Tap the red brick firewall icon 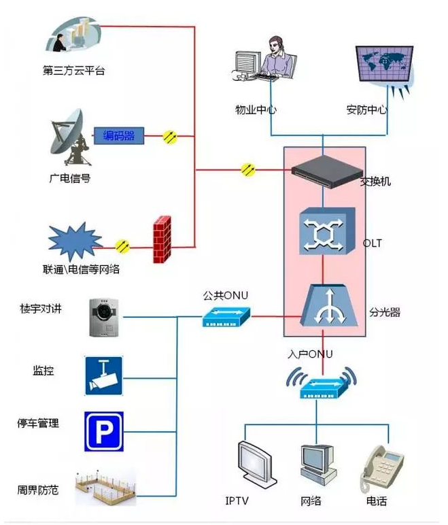(x=162, y=239)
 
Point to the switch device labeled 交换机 (x=324, y=173)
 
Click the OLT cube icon (x=324, y=231)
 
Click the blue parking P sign (x=103, y=430)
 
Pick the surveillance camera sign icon (x=103, y=374)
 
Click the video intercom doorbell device (x=103, y=318)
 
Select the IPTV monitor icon (x=256, y=466)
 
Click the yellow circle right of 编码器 (x=171, y=136)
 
